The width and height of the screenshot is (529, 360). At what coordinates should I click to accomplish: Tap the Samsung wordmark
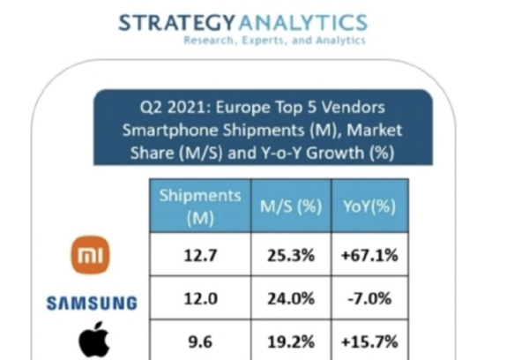pos(92,303)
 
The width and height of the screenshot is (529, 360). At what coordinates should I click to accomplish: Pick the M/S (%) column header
pos(289,206)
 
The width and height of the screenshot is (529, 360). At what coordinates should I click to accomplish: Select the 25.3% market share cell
pos(289,255)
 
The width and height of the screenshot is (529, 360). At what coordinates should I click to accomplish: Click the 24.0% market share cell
pos(289,300)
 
